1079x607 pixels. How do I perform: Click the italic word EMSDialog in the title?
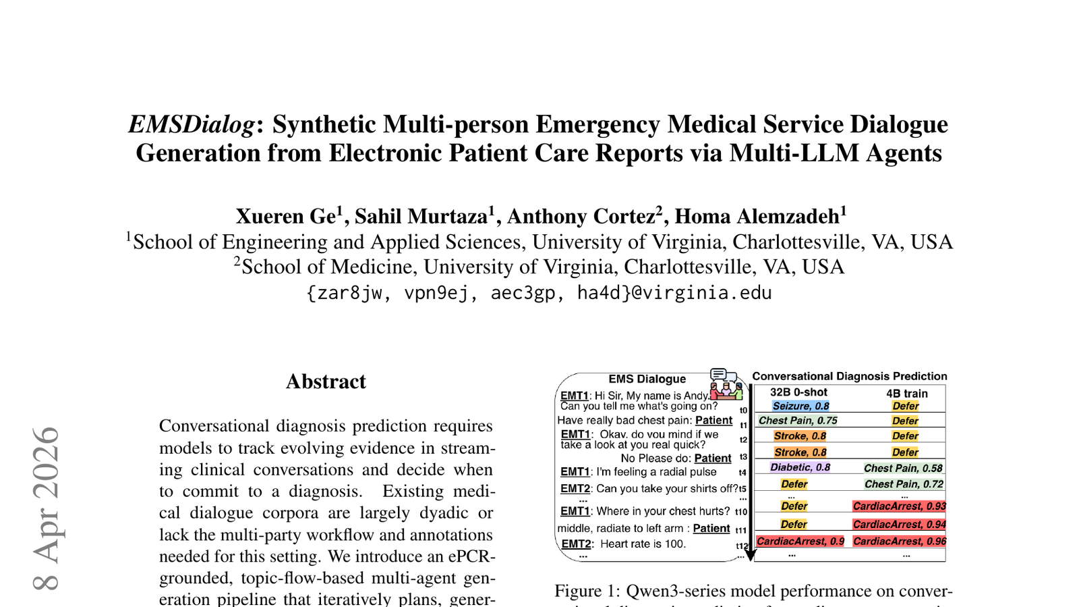tap(192, 125)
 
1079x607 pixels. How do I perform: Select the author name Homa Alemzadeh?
tap(757, 217)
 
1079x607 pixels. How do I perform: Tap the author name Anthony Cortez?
tap(581, 217)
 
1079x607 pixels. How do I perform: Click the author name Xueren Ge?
tap(285, 217)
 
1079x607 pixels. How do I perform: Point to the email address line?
tap(539, 293)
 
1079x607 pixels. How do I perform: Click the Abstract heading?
tap(326, 381)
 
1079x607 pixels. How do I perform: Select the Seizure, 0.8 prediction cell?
tap(800, 406)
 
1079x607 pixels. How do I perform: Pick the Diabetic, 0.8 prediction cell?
tap(800, 467)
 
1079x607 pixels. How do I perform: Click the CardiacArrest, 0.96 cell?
tap(900, 541)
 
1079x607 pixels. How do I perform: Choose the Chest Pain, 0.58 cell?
tap(903, 468)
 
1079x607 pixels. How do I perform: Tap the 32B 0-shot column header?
tap(798, 392)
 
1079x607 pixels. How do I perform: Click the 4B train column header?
tap(906, 393)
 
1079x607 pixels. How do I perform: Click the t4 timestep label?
tap(742, 473)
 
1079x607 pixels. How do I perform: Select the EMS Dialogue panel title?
tap(647, 379)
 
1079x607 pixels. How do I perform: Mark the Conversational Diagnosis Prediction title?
tap(849, 376)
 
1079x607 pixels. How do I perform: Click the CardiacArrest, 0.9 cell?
tap(800, 541)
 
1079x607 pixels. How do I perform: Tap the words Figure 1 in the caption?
tap(585, 591)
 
